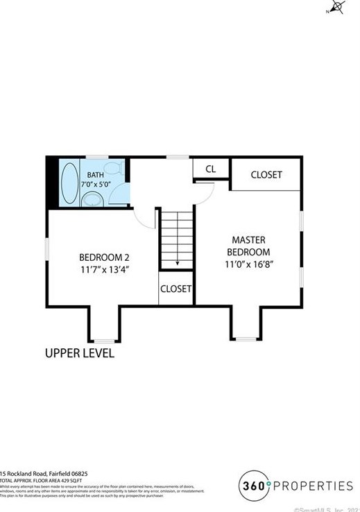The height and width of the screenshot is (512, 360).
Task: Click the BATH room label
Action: tap(95, 174)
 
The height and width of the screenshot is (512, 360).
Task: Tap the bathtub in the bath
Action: tap(70, 184)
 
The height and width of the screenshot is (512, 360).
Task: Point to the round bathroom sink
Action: tap(91, 200)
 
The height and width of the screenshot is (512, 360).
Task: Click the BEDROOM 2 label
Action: tap(104, 256)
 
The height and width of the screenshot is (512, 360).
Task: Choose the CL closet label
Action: tap(210, 169)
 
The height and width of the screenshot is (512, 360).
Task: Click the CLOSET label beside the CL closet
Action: tap(266, 175)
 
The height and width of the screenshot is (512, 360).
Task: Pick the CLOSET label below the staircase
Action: tap(175, 289)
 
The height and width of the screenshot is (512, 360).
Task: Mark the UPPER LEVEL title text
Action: tap(80, 353)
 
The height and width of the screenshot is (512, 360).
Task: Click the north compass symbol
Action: tap(337, 8)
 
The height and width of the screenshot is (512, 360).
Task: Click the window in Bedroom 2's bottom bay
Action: tap(104, 340)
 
